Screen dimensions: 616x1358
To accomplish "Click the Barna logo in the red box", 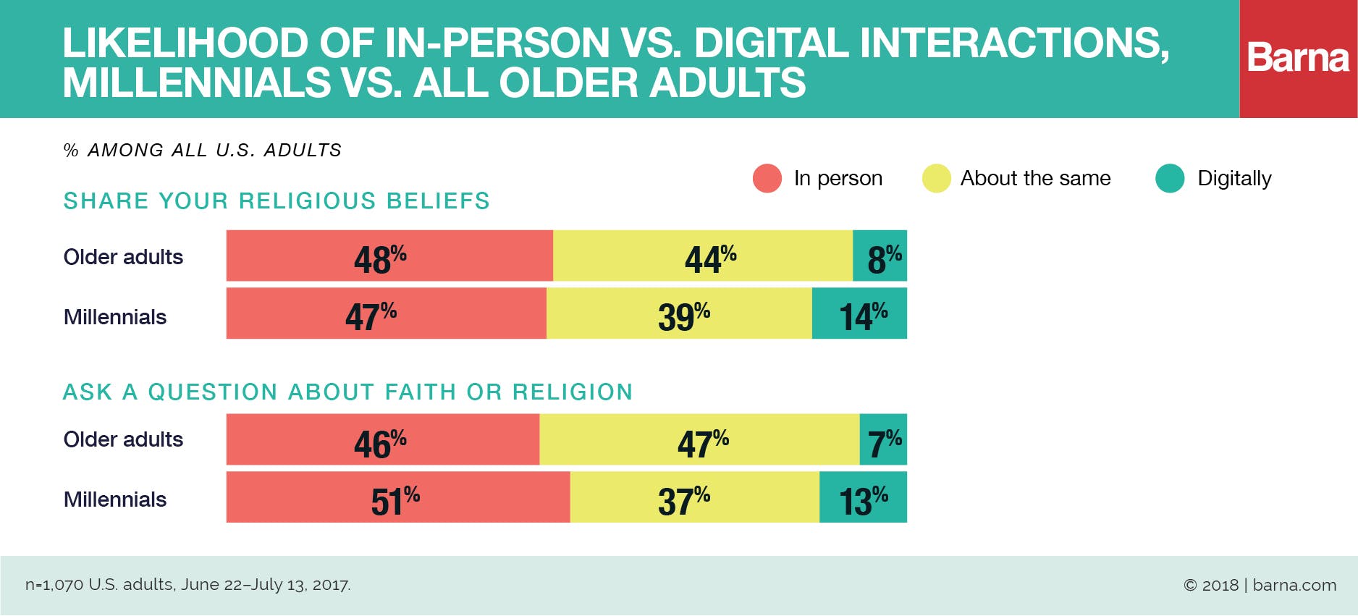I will [x=1298, y=58].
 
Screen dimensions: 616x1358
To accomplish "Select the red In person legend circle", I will [x=767, y=178].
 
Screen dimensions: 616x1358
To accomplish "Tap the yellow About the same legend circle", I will [x=936, y=178].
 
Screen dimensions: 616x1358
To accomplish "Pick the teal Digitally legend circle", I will [x=1170, y=178].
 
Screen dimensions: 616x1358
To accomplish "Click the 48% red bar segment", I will [x=389, y=256].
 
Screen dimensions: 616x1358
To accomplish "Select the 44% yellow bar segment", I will [x=702, y=256].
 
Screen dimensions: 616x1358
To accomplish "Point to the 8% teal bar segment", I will [x=880, y=256].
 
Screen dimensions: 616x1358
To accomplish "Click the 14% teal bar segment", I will [x=859, y=313].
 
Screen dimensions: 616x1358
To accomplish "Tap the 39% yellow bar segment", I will [x=679, y=313].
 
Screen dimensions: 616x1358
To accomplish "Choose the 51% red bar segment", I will [x=397, y=497].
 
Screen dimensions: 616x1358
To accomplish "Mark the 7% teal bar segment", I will [x=883, y=439].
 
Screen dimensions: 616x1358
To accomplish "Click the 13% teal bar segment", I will [x=863, y=497].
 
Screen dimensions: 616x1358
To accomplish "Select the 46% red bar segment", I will [x=382, y=439].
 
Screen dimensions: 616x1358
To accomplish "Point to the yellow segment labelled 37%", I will [x=693, y=497].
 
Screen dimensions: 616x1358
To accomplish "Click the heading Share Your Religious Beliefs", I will [x=277, y=201].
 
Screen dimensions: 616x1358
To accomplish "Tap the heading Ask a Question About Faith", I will [x=347, y=392].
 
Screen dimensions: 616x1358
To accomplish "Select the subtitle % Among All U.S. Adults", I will [x=203, y=150].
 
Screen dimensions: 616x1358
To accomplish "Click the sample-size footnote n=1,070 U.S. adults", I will [x=187, y=585].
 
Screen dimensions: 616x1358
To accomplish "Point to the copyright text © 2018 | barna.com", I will [x=1260, y=585].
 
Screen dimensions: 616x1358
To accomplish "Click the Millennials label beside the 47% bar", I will [x=115, y=317].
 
